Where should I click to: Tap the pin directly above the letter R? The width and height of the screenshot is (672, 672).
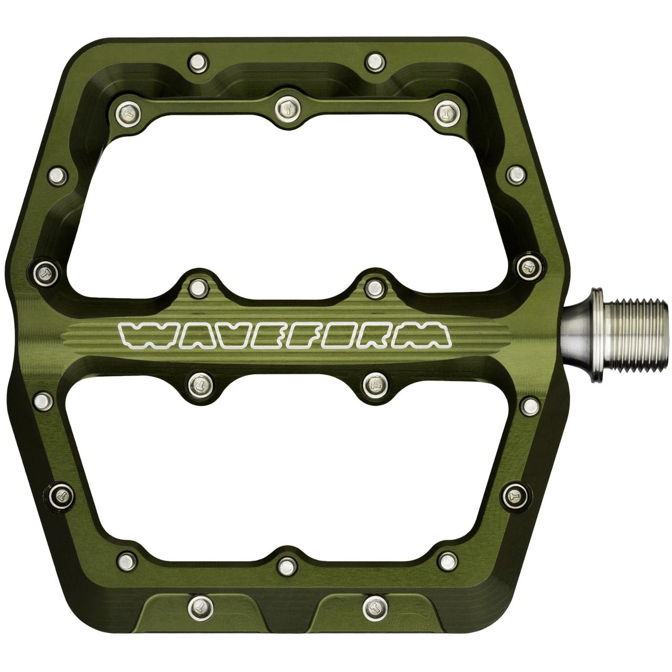374,287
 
